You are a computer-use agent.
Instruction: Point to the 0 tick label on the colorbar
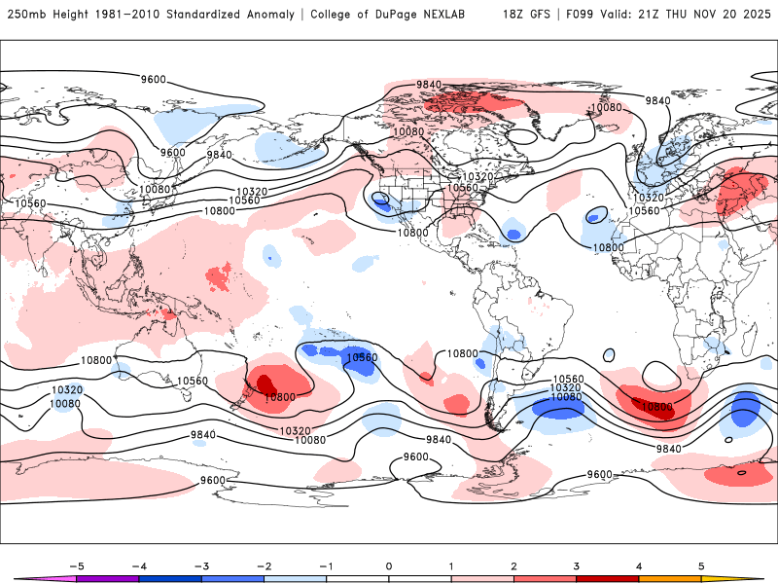tap(389, 566)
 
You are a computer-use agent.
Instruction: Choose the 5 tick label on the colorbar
tap(701, 566)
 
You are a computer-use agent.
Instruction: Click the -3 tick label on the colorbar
tap(201, 566)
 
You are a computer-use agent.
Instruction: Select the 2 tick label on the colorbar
tap(513, 566)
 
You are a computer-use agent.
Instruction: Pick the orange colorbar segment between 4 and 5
tap(670, 578)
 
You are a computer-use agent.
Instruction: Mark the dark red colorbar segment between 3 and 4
tap(608, 578)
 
